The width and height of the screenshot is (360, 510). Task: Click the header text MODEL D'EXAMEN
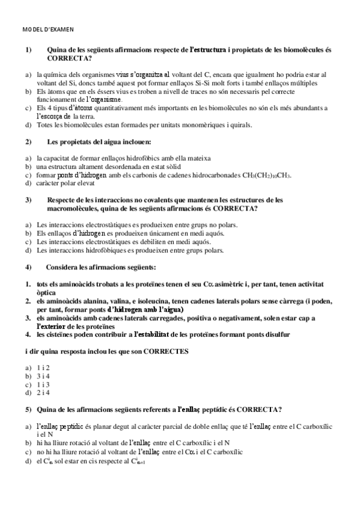pos(47,28)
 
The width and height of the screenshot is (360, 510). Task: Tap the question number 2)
pos(28,141)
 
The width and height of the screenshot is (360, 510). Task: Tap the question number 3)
pos(28,200)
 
